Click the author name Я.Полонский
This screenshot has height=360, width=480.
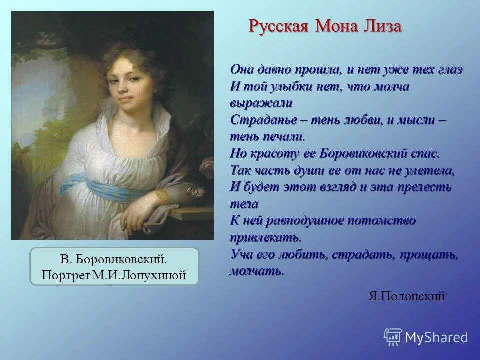coord(406,296)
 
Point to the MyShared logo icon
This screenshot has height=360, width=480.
coord(393,337)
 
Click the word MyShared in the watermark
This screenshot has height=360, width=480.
coord(436,337)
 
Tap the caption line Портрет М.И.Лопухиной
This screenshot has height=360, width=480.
coord(114,275)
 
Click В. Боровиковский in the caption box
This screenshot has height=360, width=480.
coord(114,260)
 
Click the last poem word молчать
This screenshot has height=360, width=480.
coord(257,271)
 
